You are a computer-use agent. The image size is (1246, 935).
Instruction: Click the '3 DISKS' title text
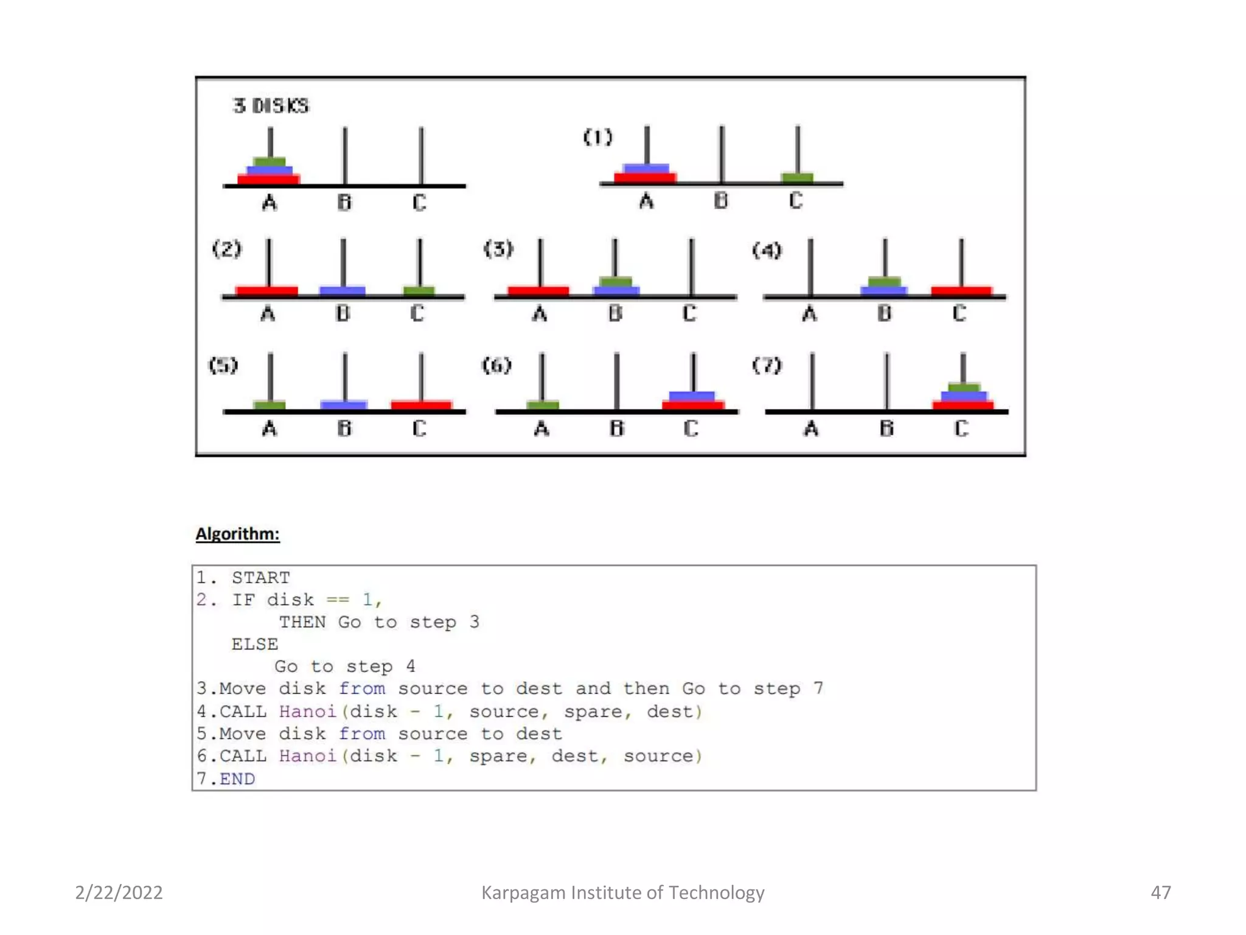tap(271, 106)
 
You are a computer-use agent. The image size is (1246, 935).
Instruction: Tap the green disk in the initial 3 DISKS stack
tap(270, 161)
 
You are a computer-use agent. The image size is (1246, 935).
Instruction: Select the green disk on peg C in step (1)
tap(797, 177)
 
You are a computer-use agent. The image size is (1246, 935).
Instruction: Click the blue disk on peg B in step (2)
tap(343, 290)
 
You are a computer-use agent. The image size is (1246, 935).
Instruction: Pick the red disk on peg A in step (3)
tap(538, 290)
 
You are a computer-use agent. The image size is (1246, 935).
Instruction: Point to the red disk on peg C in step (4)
tap(961, 290)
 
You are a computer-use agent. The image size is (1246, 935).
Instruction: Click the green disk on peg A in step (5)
tap(270, 405)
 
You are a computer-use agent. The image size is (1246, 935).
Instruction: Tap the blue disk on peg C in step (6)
tap(692, 396)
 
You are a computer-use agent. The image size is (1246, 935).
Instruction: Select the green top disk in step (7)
tap(964, 388)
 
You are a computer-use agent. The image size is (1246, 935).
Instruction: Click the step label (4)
tap(767, 250)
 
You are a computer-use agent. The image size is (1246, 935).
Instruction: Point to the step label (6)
tap(496, 365)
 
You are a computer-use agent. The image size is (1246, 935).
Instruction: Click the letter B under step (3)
tap(615, 313)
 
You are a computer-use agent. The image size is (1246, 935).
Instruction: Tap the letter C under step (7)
tap(961, 429)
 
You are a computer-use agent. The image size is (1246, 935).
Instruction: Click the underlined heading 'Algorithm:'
tap(237, 534)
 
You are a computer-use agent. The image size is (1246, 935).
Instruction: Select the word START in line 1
tap(260, 577)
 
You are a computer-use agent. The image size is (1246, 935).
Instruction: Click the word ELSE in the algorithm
tap(254, 644)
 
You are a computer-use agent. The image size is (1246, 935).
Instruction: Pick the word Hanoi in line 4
tap(307, 711)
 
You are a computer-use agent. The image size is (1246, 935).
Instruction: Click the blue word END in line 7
tap(237, 779)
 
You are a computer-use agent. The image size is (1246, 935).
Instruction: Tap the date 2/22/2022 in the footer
tap(119, 892)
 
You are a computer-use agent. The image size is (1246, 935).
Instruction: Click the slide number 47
tap(1160, 892)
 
